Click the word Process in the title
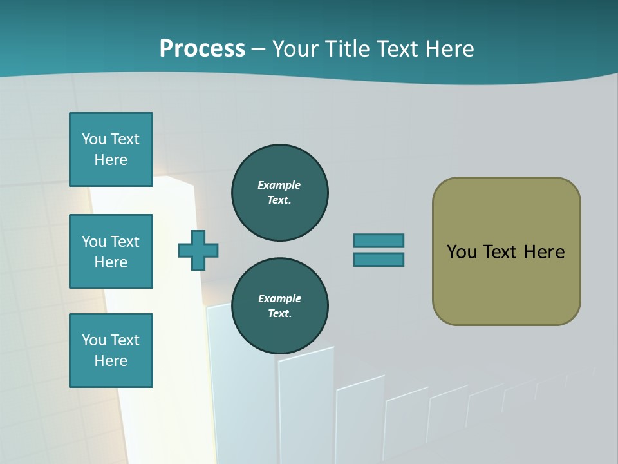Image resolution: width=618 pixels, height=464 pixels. point(202,49)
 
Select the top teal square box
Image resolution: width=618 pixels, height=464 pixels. point(111,150)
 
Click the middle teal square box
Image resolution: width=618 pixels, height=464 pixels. point(111,251)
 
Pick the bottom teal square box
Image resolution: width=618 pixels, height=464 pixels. point(111,351)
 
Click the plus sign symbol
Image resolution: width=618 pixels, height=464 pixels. point(198,250)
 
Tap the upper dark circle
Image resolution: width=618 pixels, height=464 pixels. point(279,193)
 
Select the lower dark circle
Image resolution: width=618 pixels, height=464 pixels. point(279,306)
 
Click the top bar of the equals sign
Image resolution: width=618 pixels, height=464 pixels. point(379,240)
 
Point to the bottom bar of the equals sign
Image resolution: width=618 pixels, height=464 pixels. point(379,259)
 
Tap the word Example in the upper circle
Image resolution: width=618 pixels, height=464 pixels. point(279,185)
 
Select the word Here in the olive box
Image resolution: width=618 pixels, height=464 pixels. point(544,252)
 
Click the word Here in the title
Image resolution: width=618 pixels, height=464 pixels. point(450,49)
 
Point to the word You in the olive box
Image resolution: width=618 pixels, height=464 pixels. point(462,252)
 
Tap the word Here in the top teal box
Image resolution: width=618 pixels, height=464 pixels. point(111,160)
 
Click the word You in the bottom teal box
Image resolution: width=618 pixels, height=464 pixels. point(94,340)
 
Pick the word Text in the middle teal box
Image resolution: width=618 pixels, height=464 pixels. point(125,242)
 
